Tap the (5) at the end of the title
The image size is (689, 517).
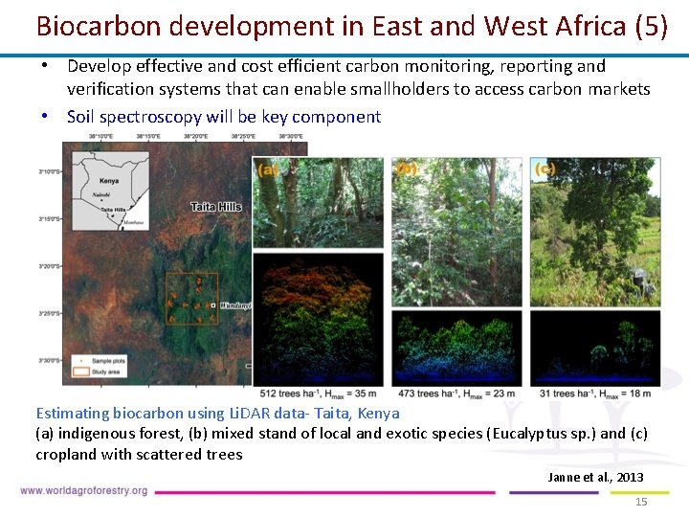[651, 26]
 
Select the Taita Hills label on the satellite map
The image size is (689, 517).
[215, 206]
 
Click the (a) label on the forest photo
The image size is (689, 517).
[267, 169]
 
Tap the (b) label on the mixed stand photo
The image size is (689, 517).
[407, 169]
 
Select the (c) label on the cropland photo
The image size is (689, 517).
[544, 169]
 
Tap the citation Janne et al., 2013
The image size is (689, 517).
[595, 477]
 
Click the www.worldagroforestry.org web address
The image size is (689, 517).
[84, 491]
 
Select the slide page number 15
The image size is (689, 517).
[642, 502]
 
